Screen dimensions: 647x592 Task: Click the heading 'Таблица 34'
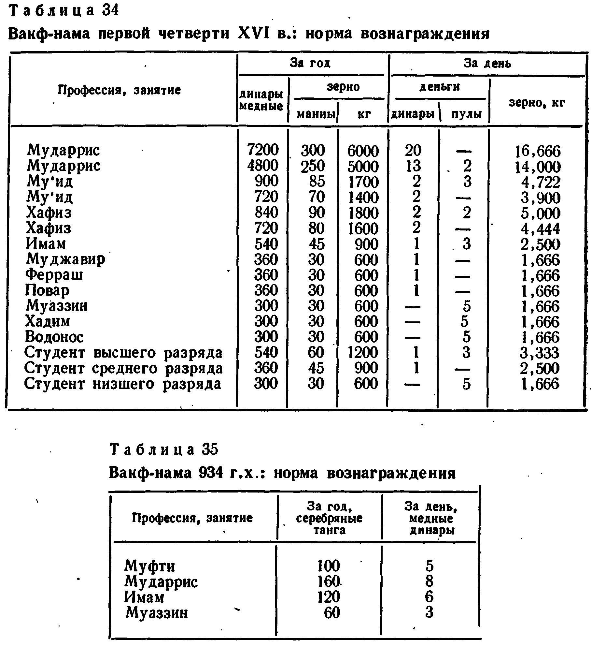pos(64,11)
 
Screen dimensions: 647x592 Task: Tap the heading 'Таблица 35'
pos(164,449)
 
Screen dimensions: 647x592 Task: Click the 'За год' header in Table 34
pos(310,63)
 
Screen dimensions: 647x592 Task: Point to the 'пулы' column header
pos(466,114)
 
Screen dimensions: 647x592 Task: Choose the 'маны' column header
pos(316,114)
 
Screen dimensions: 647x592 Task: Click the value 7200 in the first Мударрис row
pos(263,150)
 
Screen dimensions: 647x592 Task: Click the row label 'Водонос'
pos(54,337)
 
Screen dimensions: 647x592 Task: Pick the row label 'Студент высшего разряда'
pos(123,353)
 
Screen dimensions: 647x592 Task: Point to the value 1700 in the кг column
pos(363,182)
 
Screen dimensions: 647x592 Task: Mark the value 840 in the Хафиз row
pos(266,213)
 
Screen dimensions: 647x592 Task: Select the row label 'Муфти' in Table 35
pos(149,566)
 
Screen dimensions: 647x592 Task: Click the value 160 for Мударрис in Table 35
pos(329,581)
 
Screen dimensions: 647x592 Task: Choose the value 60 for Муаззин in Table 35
pos(332,612)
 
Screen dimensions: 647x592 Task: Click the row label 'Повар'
pos(48,290)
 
